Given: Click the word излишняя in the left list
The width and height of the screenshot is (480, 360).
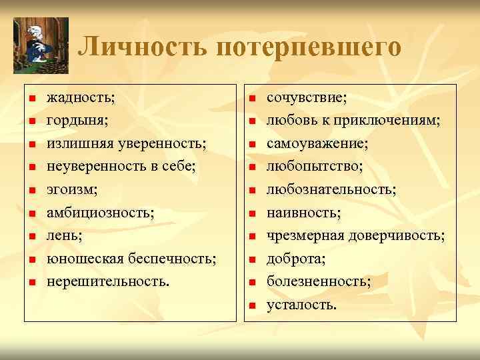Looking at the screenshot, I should pyautogui.click(x=78, y=143).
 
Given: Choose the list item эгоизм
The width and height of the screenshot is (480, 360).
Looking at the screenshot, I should pyautogui.click(x=71, y=189).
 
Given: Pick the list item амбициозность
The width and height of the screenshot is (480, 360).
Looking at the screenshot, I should pyautogui.click(x=99, y=213).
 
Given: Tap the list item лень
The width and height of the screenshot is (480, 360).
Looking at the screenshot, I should pyautogui.click(x=63, y=235).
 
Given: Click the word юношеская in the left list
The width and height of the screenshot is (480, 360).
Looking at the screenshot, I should pyautogui.click(x=83, y=259).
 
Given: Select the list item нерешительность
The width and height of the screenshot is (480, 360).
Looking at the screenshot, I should pyautogui.click(x=107, y=281).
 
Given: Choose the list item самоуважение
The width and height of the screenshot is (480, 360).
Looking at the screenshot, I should pyautogui.click(x=317, y=143).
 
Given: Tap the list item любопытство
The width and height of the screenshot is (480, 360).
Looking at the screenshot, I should pyautogui.click(x=314, y=167).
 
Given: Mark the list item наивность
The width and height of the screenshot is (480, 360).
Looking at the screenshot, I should pyautogui.click(x=303, y=213).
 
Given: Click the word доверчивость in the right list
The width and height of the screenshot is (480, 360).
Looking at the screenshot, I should pyautogui.click(x=403, y=235).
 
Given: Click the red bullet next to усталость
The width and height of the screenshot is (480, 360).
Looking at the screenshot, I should pyautogui.click(x=253, y=306).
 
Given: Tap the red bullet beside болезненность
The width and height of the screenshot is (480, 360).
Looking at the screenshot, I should pyautogui.click(x=253, y=283).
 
